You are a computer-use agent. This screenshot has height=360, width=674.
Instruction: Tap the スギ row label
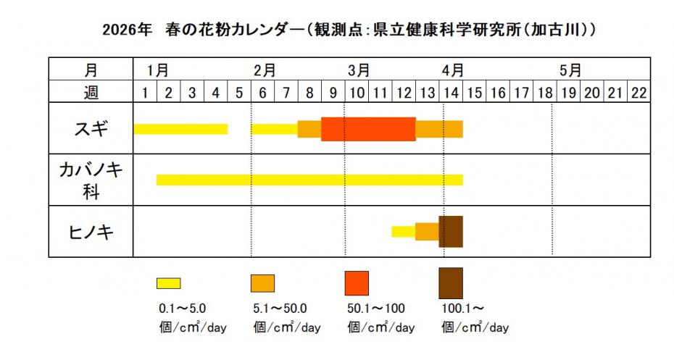[x=91, y=129]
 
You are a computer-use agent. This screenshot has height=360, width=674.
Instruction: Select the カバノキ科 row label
[x=91, y=180]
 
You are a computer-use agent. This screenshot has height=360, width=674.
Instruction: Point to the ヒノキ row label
[x=91, y=232]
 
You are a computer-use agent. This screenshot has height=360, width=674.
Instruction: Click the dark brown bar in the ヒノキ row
[x=451, y=232]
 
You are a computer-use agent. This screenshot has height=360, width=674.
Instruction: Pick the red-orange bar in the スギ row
[x=368, y=129]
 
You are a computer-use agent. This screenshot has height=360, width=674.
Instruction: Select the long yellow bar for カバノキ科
[x=309, y=180]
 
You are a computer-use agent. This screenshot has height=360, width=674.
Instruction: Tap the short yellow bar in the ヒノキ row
[x=403, y=232]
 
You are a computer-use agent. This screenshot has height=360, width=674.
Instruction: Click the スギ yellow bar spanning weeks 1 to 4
[x=180, y=129]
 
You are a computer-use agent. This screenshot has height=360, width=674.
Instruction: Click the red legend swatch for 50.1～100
[x=357, y=282]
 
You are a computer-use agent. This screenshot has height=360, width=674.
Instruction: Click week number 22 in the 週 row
[x=638, y=92]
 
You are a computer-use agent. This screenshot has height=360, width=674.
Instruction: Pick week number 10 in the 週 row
[x=357, y=92]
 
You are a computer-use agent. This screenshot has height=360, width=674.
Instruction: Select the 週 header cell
[x=91, y=92]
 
